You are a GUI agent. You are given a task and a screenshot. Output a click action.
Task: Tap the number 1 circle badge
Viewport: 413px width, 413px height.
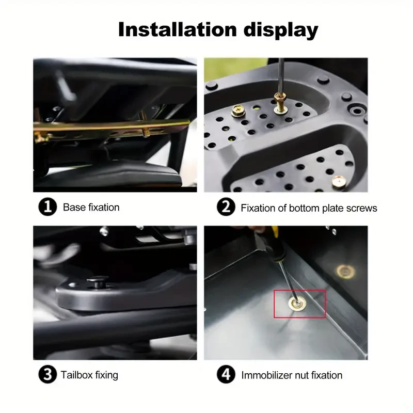click(47, 208)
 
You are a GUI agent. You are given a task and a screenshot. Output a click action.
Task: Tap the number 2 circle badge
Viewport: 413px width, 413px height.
click(226, 208)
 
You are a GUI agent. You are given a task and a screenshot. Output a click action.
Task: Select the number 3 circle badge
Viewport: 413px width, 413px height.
click(47, 375)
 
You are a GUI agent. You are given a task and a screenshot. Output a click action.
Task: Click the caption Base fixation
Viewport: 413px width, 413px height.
click(91, 208)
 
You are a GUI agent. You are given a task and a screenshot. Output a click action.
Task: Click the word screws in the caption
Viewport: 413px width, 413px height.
click(362, 208)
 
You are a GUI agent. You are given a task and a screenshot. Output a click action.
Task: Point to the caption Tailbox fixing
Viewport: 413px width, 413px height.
click(89, 375)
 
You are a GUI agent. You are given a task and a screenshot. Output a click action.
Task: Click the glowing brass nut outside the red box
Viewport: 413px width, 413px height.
click(345, 271)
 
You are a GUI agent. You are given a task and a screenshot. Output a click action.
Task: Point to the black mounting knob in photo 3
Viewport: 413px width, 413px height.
click(97, 282)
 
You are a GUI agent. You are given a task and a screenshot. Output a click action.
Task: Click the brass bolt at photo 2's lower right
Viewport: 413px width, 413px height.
click(339, 181)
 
